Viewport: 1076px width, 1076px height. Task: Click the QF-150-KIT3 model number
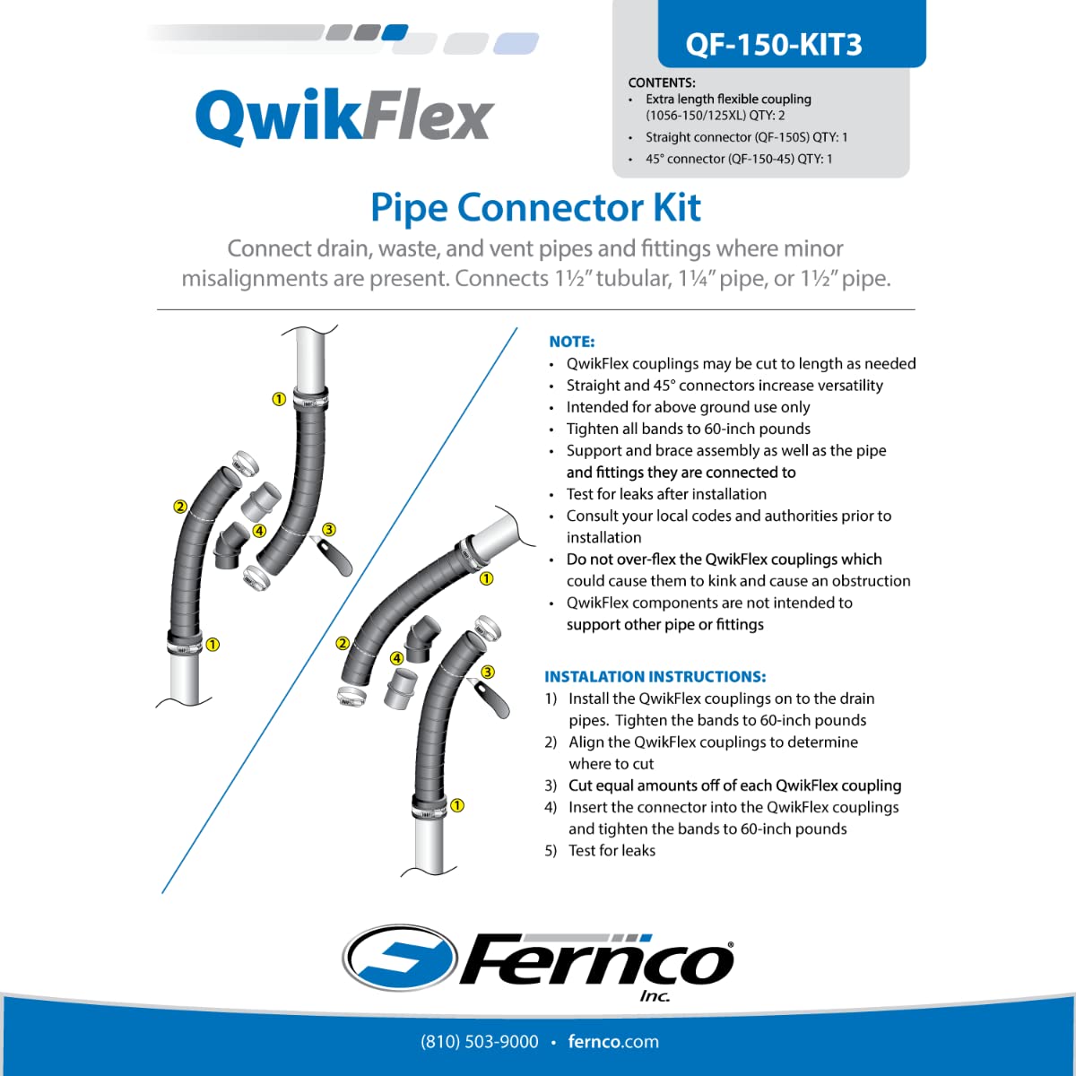(x=773, y=44)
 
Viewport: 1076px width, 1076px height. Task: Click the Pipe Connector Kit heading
(x=535, y=207)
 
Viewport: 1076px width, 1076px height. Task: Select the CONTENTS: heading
(x=662, y=82)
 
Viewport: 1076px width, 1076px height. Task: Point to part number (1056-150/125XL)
(x=697, y=116)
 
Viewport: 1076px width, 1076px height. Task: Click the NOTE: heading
(x=572, y=342)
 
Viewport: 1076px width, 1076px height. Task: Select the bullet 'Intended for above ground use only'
(x=688, y=407)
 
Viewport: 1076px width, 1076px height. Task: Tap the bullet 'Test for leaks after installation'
(x=666, y=494)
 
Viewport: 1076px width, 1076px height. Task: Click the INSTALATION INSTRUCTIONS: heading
(x=655, y=677)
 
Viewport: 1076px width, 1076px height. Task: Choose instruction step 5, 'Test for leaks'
(x=612, y=851)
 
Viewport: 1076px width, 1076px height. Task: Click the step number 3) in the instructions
(x=551, y=785)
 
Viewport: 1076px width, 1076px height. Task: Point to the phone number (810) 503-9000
(x=480, y=1042)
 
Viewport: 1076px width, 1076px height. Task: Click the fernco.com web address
(x=613, y=1042)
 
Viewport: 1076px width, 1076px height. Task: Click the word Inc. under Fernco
(x=655, y=996)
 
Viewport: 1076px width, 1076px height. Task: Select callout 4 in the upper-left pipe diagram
(x=259, y=531)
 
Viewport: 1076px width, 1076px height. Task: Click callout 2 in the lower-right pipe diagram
(x=343, y=643)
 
